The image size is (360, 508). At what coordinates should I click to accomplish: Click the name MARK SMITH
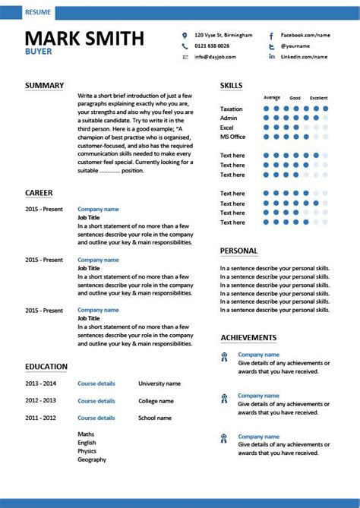click(84, 39)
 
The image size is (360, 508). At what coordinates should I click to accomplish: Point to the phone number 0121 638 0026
click(216, 46)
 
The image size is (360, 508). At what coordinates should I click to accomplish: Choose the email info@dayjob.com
click(217, 57)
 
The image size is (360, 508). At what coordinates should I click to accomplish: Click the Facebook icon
click(271, 36)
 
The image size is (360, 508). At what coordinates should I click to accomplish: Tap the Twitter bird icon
click(271, 46)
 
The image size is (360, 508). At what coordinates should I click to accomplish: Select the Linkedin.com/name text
click(304, 57)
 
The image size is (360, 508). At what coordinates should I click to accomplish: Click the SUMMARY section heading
click(44, 85)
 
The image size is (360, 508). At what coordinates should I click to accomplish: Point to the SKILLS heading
click(232, 85)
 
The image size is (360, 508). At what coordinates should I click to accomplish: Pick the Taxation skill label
click(232, 109)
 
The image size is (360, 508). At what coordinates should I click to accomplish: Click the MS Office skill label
click(233, 137)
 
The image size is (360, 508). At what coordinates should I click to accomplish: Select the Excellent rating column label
click(319, 98)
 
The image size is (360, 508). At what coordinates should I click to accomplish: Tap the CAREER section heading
click(39, 193)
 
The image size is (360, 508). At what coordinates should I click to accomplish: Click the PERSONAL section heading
click(238, 251)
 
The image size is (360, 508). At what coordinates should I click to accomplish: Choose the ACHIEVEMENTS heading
click(248, 337)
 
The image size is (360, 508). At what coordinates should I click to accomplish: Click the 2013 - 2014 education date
click(41, 383)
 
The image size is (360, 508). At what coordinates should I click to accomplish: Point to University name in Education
click(159, 383)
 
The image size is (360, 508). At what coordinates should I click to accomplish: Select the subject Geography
click(92, 459)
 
